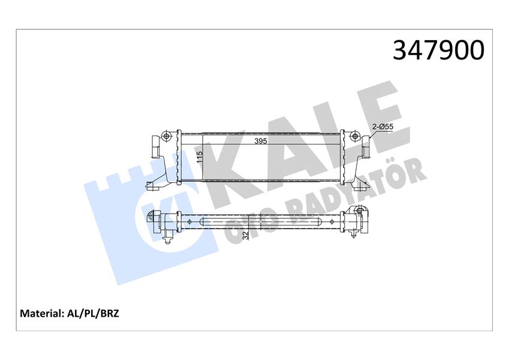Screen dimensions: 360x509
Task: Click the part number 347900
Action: click(x=438, y=50)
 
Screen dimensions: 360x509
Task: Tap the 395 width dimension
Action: click(x=259, y=142)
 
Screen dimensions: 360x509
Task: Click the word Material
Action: click(x=42, y=313)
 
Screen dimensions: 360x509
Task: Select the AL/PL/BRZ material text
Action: click(x=94, y=313)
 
